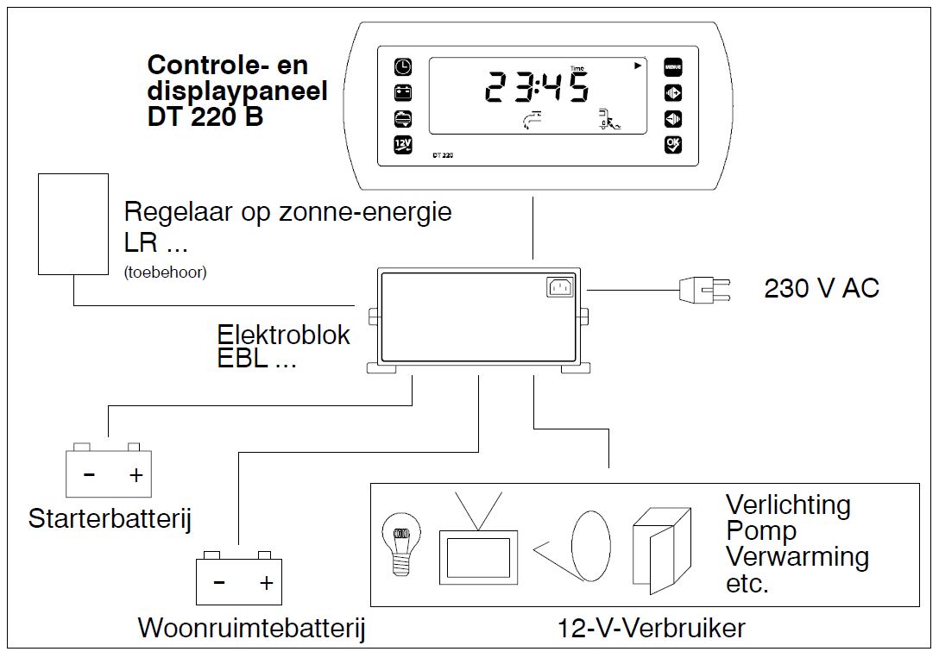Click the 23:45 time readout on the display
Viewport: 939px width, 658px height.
[536, 88]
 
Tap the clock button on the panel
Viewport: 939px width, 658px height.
[403, 66]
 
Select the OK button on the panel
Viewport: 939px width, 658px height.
[672, 144]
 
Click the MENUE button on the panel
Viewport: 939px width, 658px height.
[672, 66]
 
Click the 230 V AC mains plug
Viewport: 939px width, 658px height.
[703, 289]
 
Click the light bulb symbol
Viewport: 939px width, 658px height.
[401, 541]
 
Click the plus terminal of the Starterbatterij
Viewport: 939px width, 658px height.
[135, 475]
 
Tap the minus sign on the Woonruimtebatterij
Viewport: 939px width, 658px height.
[219, 583]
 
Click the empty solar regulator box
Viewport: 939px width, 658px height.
[73, 224]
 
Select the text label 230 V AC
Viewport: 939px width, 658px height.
[821, 288]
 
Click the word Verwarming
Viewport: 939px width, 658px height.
[797, 556]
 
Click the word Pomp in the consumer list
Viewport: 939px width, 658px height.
[760, 530]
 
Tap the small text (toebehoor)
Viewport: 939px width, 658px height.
[165, 273]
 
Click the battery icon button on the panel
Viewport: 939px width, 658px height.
[403, 92]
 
